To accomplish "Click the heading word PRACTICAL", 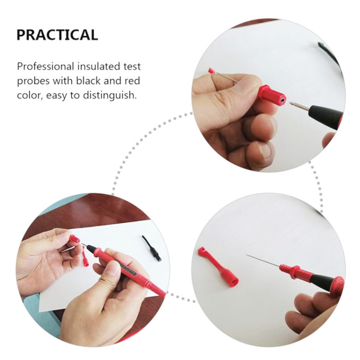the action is click(x=57, y=35).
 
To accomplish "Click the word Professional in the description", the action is click(x=46, y=67).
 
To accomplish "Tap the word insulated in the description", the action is click(x=99, y=67).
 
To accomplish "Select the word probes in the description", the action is click(x=33, y=81).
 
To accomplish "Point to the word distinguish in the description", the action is click(x=110, y=96).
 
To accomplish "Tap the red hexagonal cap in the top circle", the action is click(x=271, y=95).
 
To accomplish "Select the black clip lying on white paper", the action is click(x=152, y=248).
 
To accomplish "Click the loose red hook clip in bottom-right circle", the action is click(x=217, y=266).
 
